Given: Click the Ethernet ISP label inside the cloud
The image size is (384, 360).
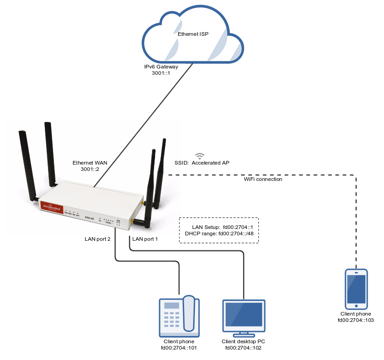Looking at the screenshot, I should (193, 34).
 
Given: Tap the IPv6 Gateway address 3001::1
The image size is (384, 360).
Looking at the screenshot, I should (160, 73).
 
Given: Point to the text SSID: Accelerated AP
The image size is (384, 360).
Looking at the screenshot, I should (202, 163).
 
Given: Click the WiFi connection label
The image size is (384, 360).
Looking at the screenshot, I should (263, 179).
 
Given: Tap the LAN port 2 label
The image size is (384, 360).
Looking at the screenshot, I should (97, 238).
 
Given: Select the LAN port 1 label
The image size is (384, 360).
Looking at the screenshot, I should (145, 238).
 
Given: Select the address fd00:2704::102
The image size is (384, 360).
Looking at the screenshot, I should (243, 348).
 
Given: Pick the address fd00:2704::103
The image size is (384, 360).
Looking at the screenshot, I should (356, 320).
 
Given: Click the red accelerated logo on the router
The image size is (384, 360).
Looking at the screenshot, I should (51, 206).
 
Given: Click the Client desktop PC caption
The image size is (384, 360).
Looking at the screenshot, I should (243, 342).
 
